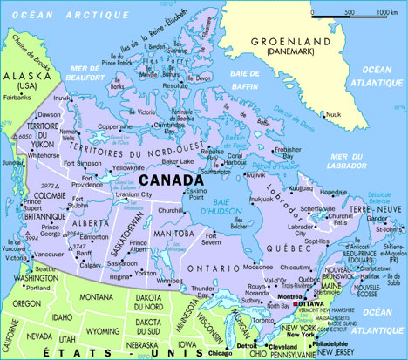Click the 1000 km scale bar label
tap(387, 12)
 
